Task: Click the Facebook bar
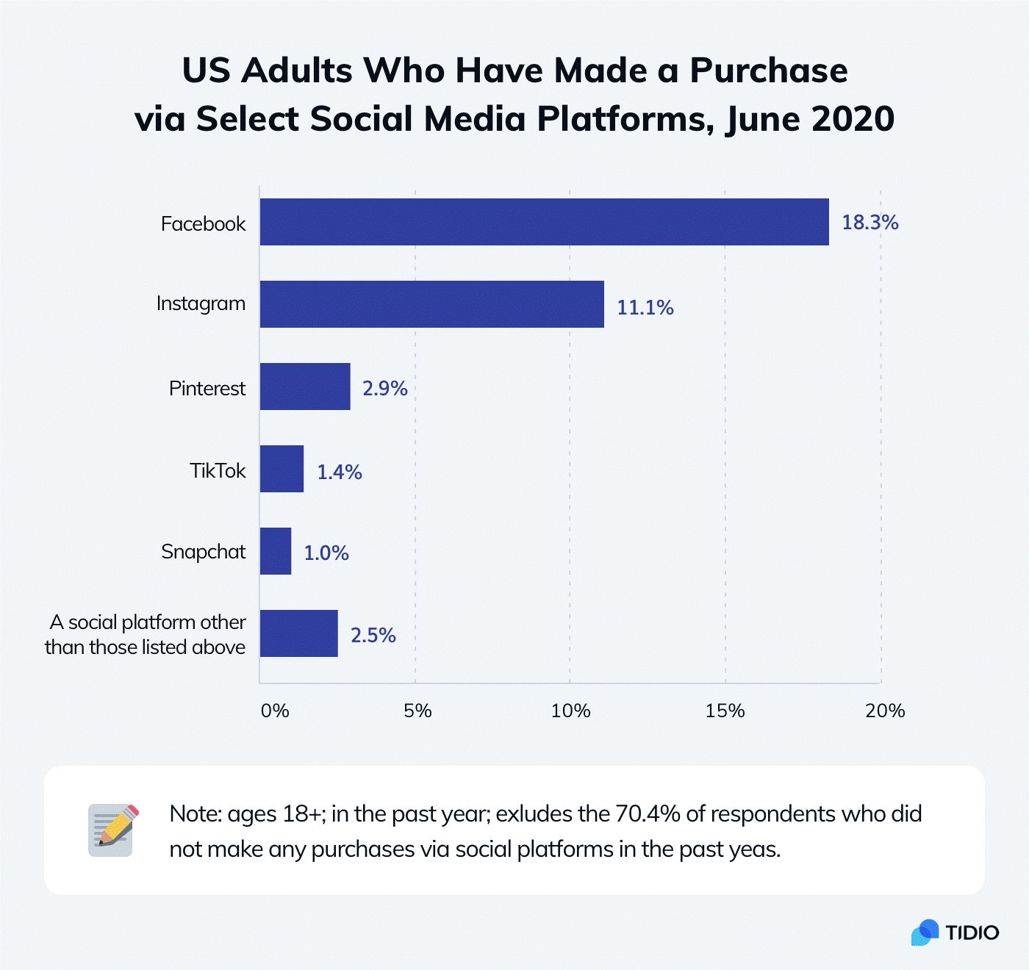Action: click(544, 222)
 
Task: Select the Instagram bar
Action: click(431, 304)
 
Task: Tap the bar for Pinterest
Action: click(305, 387)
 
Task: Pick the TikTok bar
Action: click(282, 469)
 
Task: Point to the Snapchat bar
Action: click(276, 551)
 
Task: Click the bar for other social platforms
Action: click(298, 633)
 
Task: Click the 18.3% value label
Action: click(870, 223)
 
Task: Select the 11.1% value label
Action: click(645, 307)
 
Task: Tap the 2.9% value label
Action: click(384, 388)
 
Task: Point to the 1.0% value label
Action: click(326, 553)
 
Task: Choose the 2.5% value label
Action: click(373, 635)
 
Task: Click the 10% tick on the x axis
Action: click(570, 711)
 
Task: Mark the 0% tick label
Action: click(275, 711)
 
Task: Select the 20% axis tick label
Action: click(884, 711)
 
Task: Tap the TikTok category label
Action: click(218, 470)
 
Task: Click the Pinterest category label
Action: click(207, 388)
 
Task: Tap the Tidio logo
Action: click(955, 932)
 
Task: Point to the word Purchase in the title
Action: click(768, 71)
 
